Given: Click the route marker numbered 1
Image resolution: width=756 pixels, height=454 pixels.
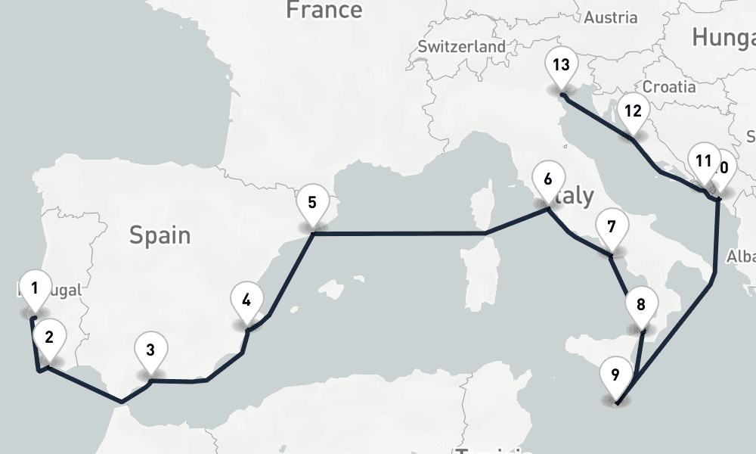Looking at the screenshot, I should [35, 288].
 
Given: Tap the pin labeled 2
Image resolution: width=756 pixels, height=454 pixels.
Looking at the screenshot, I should [49, 337].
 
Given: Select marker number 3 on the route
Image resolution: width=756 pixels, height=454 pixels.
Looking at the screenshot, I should [150, 350].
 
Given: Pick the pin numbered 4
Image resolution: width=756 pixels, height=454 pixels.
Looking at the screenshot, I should [246, 300].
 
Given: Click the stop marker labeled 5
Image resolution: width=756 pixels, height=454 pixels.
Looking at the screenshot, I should [312, 203].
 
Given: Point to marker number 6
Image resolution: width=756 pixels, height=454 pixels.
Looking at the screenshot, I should [548, 180].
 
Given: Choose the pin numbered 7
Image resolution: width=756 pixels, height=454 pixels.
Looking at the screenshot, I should [611, 227].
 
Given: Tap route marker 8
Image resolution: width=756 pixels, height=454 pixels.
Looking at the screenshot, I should [641, 306].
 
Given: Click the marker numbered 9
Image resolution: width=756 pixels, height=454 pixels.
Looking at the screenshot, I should [615, 375].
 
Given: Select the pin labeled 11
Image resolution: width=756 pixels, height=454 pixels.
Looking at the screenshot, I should [704, 161].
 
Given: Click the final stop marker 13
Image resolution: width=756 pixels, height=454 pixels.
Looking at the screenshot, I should [561, 64].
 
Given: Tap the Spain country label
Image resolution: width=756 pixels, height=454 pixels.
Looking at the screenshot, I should [160, 235].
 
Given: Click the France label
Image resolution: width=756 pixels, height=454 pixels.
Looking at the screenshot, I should [324, 10].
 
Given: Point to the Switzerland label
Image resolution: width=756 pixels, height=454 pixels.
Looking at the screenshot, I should [462, 46].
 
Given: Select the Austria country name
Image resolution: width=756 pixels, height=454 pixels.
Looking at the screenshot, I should [611, 17].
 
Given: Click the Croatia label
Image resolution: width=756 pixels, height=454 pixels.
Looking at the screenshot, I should [669, 86].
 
